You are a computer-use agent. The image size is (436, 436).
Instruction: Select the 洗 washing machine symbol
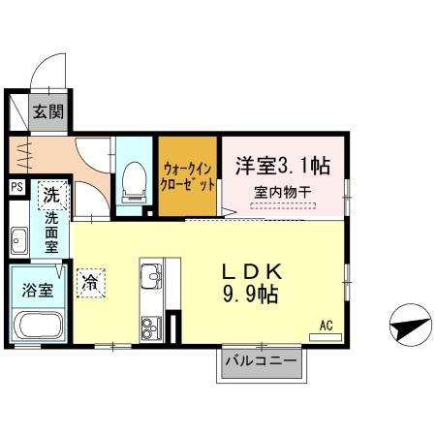click(x=52, y=196)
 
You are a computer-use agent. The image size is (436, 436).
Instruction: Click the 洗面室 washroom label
click(x=51, y=234)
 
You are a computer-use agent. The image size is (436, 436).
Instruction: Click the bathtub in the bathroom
click(x=40, y=328)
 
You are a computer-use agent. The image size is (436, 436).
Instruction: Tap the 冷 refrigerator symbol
click(x=90, y=283)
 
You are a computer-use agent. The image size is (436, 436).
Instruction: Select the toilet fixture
click(x=134, y=182)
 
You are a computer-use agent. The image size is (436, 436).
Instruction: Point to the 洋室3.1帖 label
click(x=282, y=165)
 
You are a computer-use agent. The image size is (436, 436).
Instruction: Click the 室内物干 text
click(x=282, y=193)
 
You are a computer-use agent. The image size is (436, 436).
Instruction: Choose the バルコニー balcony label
click(x=260, y=361)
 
